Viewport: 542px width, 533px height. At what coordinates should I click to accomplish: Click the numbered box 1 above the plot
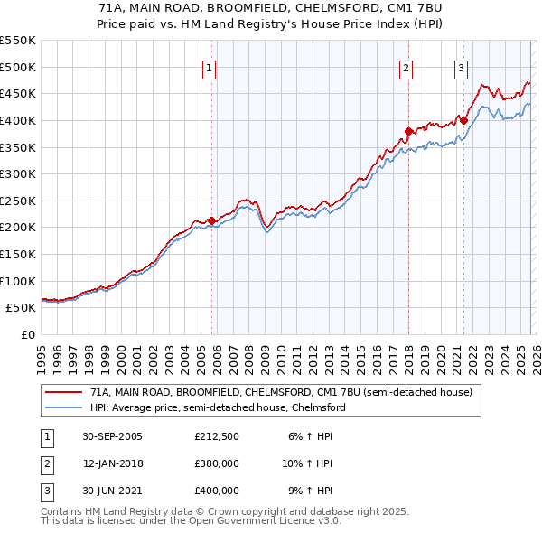click(209, 68)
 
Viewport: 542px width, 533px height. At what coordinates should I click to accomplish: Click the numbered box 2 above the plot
click(406, 68)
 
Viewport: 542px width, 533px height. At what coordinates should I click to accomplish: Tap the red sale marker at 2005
click(212, 220)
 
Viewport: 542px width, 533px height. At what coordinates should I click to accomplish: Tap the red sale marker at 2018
click(408, 131)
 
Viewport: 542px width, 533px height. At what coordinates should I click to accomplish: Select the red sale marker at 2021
click(464, 120)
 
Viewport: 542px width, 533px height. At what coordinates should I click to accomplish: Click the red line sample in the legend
click(64, 393)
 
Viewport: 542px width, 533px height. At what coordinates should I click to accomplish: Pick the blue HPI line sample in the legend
click(64, 407)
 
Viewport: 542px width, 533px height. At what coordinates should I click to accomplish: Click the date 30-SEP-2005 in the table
click(112, 436)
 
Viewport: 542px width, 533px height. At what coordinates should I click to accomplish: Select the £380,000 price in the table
click(217, 463)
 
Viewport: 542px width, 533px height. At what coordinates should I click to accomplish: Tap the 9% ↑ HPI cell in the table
click(310, 491)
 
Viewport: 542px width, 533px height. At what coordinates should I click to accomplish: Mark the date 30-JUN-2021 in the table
click(112, 491)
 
